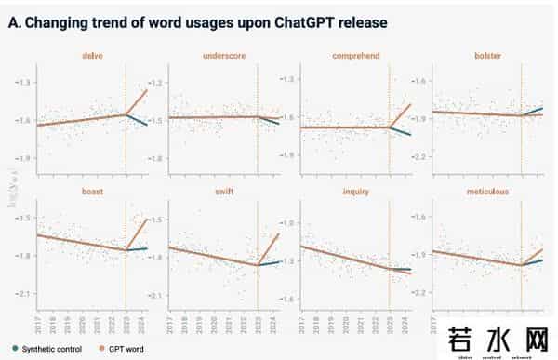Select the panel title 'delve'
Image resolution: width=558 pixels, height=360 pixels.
pyautogui.click(x=92, y=57)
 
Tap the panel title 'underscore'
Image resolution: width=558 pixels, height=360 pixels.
pyautogui.click(x=223, y=57)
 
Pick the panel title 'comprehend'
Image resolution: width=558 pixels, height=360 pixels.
pyautogui.click(x=355, y=57)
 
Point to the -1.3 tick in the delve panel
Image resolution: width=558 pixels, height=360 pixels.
pyautogui.click(x=24, y=83)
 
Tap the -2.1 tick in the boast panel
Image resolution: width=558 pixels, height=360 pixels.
pyautogui.click(x=24, y=295)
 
